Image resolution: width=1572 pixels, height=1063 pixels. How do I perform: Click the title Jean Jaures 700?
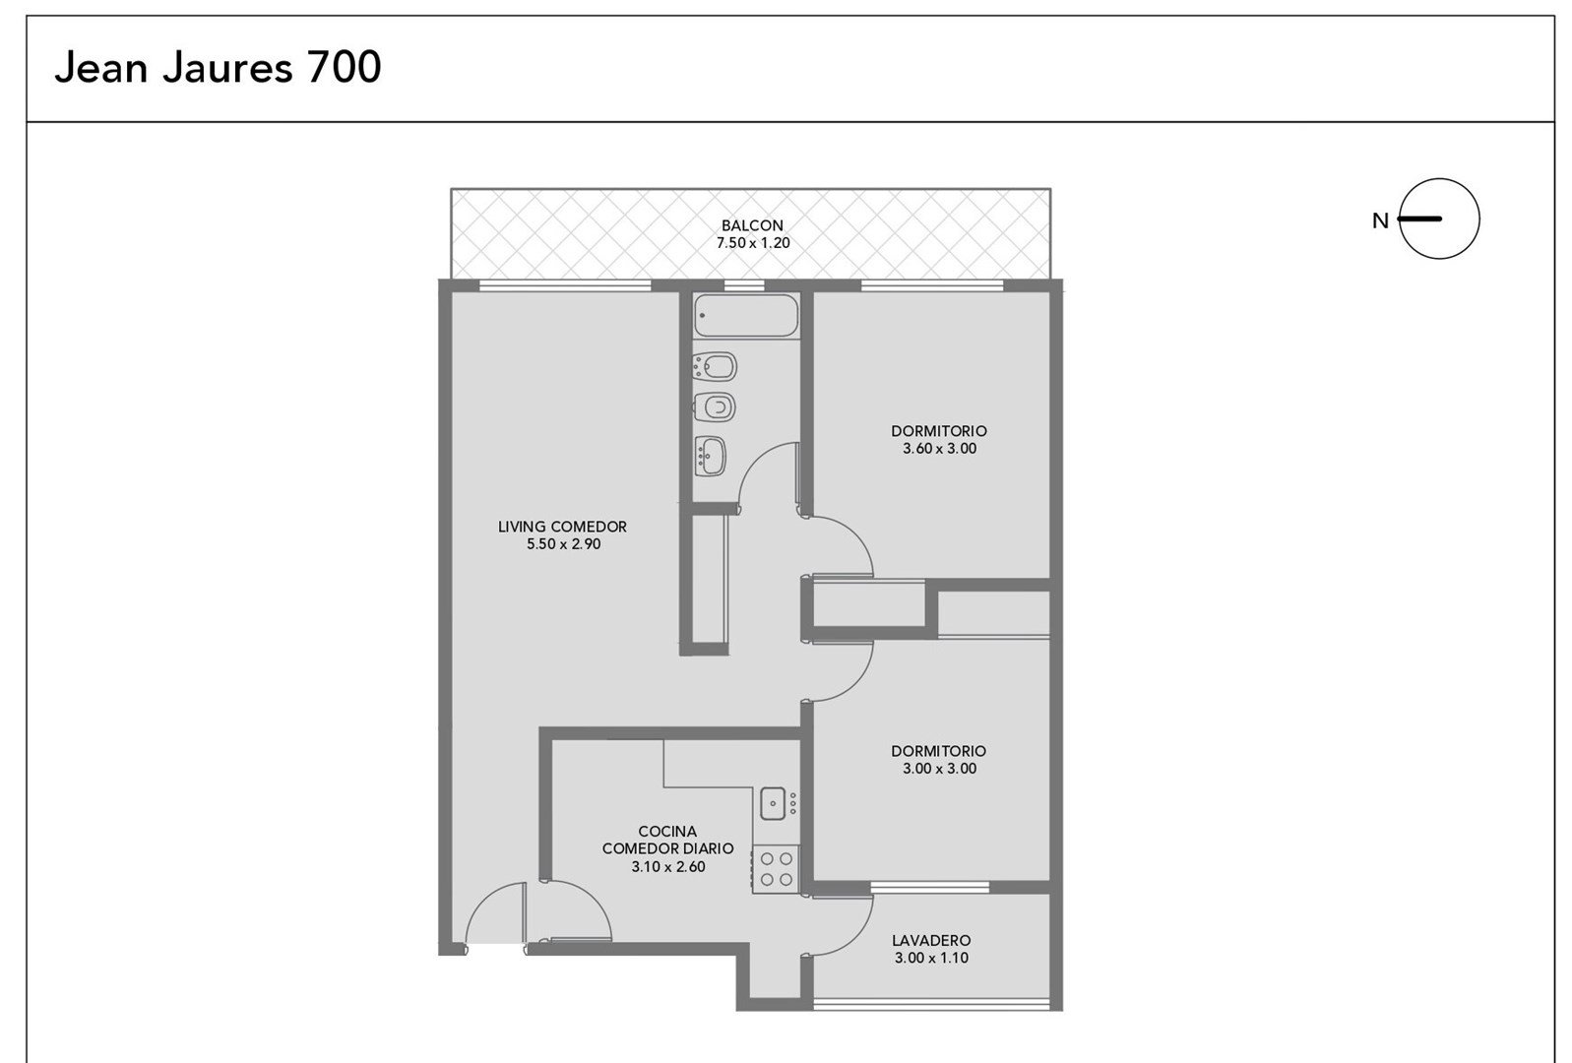pos(218,67)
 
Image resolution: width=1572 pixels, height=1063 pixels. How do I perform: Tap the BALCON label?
pos(752,225)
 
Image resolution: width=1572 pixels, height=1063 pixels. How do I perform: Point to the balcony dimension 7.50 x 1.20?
pos(752,243)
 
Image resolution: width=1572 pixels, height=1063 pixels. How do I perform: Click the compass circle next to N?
pos(1439,179)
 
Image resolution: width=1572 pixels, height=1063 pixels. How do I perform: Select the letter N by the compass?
pos(1380,221)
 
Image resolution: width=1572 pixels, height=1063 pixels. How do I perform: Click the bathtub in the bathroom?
pos(746,315)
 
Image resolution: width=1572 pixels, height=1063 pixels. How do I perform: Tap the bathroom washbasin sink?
pos(710,456)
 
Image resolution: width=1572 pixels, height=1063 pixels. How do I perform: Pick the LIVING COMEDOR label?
pos(562,527)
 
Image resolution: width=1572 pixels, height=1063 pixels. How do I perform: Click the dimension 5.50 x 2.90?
pos(563,543)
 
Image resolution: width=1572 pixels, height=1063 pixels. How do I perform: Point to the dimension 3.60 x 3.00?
pos(939,449)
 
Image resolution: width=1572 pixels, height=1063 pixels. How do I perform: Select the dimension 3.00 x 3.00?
pos(939,769)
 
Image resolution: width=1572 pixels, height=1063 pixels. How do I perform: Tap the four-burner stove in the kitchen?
pos(777,869)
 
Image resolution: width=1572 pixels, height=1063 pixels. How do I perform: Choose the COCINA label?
pos(667,832)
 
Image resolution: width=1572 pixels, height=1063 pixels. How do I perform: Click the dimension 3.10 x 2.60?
pos(668,866)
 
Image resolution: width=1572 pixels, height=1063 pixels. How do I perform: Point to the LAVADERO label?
pos(931,940)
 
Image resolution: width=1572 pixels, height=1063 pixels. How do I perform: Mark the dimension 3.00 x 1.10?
pos(931,958)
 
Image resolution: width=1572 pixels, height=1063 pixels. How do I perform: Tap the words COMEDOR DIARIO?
pos(667,849)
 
